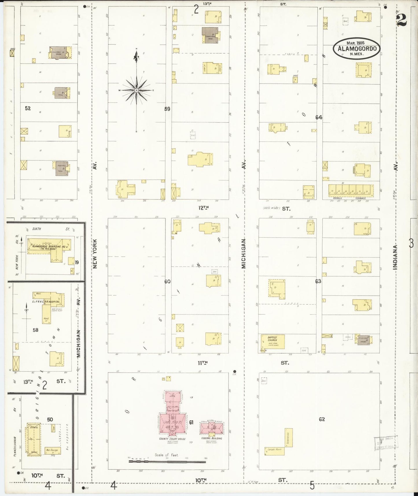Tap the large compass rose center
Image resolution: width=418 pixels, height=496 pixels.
(x=136, y=90)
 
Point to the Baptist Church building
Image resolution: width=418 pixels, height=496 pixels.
(x=273, y=342)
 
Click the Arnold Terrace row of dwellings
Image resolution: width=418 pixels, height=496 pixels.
(x=351, y=191)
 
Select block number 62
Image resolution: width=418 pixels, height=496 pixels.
(x=322, y=419)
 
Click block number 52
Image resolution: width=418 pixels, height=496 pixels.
(x=27, y=108)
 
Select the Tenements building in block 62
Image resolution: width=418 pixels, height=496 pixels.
(x=288, y=437)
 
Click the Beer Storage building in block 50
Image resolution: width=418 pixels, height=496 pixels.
(x=53, y=451)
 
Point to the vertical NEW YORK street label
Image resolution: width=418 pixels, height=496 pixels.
(x=95, y=254)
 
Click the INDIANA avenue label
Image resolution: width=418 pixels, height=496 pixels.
(x=395, y=257)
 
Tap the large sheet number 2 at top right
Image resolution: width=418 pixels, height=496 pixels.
(x=402, y=20)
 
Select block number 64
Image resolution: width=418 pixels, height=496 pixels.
(x=318, y=117)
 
